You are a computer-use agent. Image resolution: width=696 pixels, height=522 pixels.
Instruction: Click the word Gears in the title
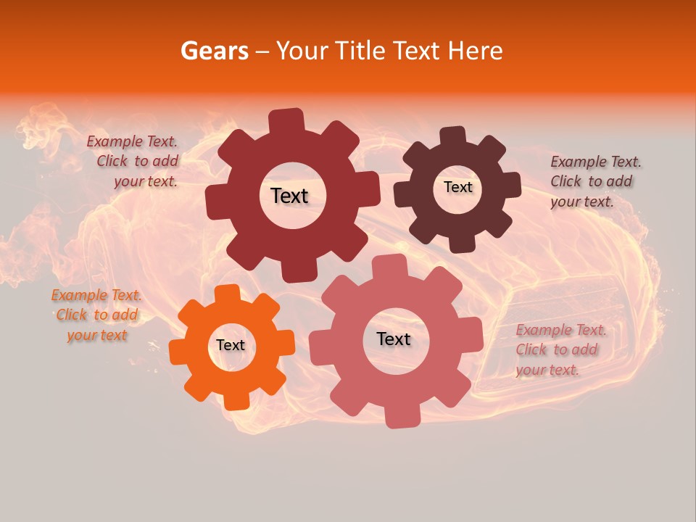click(214, 51)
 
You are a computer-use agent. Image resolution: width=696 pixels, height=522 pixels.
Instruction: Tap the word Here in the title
click(476, 51)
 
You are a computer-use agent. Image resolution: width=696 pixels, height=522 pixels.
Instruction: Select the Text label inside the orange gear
click(231, 346)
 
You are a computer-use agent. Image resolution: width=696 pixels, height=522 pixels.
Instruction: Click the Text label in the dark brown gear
click(457, 187)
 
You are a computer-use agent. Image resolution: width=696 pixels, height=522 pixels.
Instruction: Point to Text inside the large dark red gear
click(289, 196)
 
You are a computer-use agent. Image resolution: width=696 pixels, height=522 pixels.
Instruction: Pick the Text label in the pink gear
click(394, 339)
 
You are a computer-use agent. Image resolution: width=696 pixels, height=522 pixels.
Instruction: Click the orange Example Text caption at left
click(96, 315)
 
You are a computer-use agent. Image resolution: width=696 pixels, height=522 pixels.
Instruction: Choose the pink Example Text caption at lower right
click(560, 349)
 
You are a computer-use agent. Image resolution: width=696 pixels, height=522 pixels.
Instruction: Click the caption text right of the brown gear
click(594, 181)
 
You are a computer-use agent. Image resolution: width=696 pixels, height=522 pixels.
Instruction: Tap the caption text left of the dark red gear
click(135, 162)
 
